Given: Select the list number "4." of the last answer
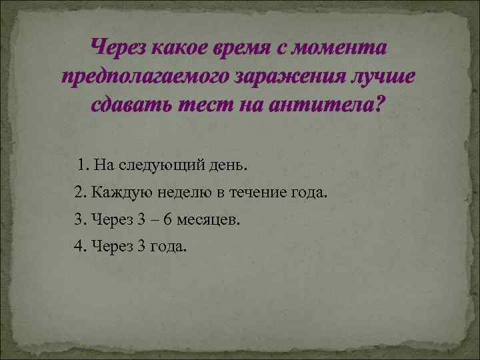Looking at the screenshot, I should pyautogui.click(x=80, y=246).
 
